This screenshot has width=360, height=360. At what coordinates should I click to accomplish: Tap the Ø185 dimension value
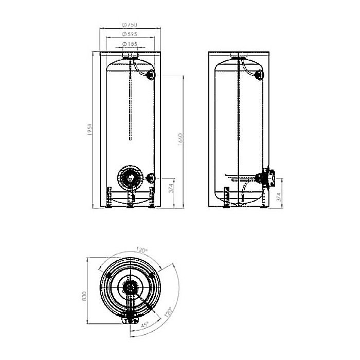[x=130, y=45]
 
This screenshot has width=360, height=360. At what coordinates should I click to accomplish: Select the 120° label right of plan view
[x=167, y=312]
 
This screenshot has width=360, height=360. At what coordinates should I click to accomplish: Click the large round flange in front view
[x=129, y=178]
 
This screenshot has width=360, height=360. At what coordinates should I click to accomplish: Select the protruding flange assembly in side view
[x=268, y=177]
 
